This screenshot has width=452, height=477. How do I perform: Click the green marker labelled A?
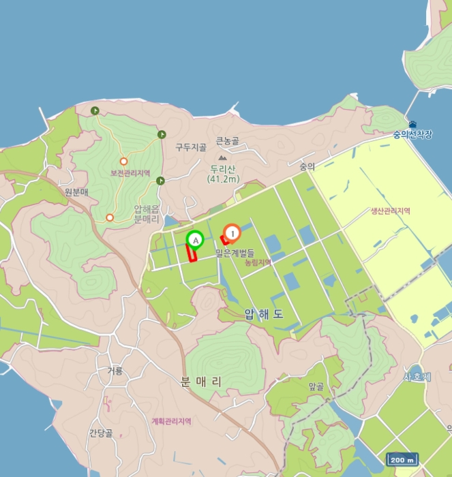coord(195,240)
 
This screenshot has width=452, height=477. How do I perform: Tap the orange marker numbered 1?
coord(232,234)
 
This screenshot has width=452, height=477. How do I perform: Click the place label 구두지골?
coord(190,147)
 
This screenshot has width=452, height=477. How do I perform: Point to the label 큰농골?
coord(228,141)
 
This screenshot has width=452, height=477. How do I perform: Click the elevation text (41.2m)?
coord(224,179)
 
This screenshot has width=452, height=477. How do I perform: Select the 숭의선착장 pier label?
coord(412,134)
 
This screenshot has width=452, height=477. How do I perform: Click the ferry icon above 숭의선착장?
coord(412,124)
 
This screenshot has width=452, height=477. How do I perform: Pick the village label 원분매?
coord(78,191)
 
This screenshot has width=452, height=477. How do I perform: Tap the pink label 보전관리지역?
coord(130,173)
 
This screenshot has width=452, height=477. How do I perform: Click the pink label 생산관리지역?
coord(390,211)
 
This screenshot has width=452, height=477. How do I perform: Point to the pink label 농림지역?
coord(258,262)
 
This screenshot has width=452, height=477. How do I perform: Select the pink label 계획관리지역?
coord(172,421)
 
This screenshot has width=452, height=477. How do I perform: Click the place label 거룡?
coord(115,371)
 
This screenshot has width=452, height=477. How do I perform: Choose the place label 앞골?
coord(316,386)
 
